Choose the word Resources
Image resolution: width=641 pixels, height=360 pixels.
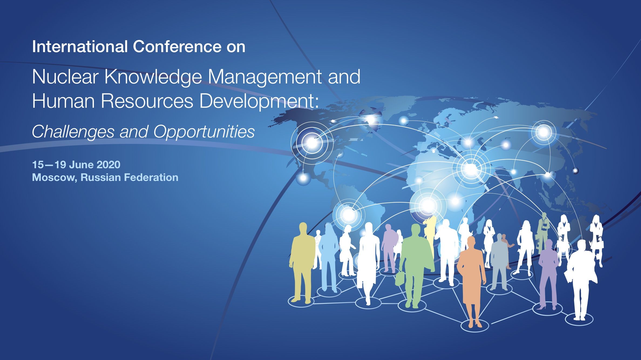point(147,101)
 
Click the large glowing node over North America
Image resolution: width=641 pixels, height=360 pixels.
point(312,143)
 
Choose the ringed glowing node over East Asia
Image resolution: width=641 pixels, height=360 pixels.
point(543,132)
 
